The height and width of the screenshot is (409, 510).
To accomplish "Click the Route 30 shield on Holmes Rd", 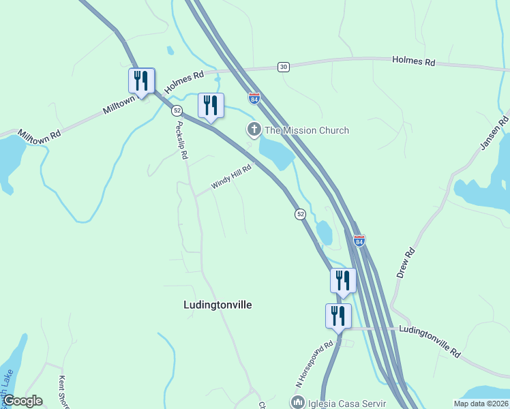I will click(x=284, y=66).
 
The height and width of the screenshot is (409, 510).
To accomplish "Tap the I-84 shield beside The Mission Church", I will click(x=254, y=98).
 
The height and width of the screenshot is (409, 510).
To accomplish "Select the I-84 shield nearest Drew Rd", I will click(x=359, y=241).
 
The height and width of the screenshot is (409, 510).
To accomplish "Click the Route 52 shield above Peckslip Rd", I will click(x=177, y=110).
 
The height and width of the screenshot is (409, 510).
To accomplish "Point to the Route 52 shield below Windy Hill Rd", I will click(x=300, y=214).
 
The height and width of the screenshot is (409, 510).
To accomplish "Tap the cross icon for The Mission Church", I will click(x=254, y=130).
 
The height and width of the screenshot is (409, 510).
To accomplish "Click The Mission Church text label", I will click(x=306, y=130).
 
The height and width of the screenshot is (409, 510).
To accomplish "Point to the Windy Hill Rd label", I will click(x=231, y=177).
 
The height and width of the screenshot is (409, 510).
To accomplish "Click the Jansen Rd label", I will click(x=495, y=133).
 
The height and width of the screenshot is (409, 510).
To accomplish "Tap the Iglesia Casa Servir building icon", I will click(x=297, y=402).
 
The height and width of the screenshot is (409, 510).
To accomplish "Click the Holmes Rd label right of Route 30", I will click(x=413, y=61).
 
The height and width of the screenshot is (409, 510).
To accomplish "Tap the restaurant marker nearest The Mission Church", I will click(x=211, y=106).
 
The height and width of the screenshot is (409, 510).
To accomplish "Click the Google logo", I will click(x=22, y=401).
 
